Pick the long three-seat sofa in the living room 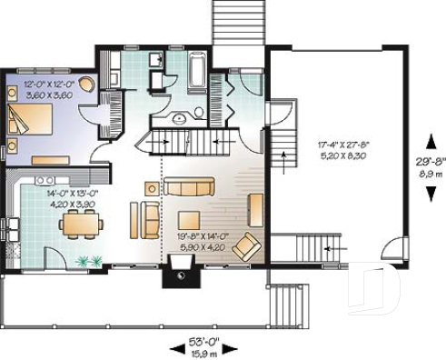189,186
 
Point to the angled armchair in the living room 251,246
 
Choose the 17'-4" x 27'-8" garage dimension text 342,144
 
